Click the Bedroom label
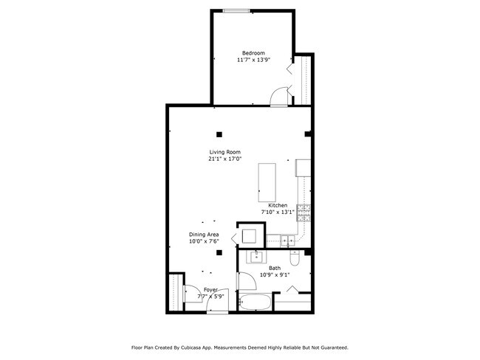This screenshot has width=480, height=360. [x=253, y=53]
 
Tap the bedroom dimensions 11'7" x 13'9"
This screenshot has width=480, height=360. [x=253, y=60]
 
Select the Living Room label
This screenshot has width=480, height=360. [x=224, y=152]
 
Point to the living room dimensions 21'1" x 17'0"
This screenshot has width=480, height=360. [x=224, y=159]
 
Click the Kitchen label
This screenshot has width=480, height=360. [x=278, y=205]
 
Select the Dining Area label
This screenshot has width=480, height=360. [x=204, y=235]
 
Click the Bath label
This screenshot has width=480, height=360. [x=274, y=269]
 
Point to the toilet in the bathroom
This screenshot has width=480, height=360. [x=295, y=259]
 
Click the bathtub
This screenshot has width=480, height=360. [x=256, y=302]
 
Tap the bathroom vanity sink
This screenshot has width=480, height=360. [x=257, y=257]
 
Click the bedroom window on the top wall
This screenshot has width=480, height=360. [x=236, y=10]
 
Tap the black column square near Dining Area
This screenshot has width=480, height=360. [x=219, y=253]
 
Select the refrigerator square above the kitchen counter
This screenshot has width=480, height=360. [x=304, y=168]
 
